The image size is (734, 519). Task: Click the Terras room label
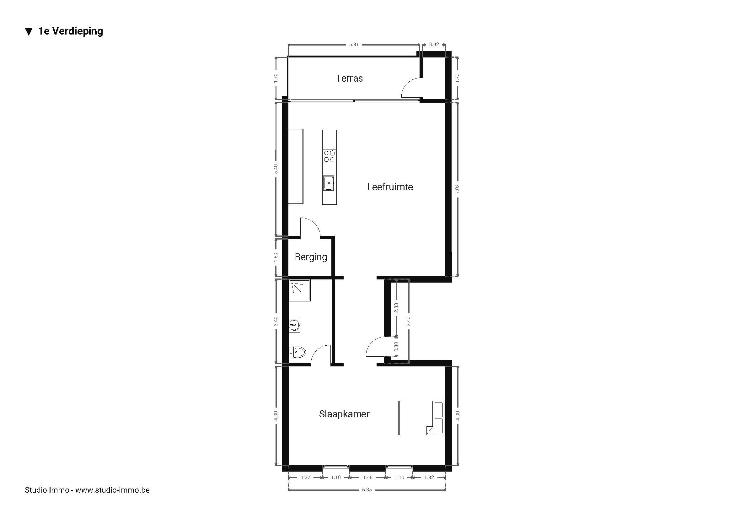pyautogui.click(x=349, y=78)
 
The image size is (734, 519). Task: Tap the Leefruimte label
pyautogui.click(x=390, y=187)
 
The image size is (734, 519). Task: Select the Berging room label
pyautogui.click(x=311, y=257)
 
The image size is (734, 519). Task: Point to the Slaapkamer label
pyautogui.click(x=344, y=414)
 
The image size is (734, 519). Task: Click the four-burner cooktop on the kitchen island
pyautogui.click(x=329, y=156)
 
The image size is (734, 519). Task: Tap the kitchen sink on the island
pyautogui.click(x=329, y=183)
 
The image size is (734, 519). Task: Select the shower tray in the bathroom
pyautogui.click(x=300, y=291)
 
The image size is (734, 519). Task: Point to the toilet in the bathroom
pyautogui.click(x=297, y=352)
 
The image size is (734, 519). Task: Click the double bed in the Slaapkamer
pyautogui.click(x=422, y=418)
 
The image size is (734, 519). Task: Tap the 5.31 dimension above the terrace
pyautogui.click(x=354, y=45)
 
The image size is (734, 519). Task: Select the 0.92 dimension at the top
pyautogui.click(x=434, y=45)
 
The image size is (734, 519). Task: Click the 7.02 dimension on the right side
pyautogui.click(x=457, y=189)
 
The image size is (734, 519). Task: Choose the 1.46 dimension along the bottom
pyautogui.click(x=367, y=478)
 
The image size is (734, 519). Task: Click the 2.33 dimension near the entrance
pyautogui.click(x=396, y=308)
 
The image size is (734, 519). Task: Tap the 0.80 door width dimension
pyautogui.click(x=396, y=347)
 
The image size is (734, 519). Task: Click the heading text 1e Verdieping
pyautogui.click(x=71, y=31)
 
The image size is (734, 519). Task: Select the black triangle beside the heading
pyautogui.click(x=29, y=32)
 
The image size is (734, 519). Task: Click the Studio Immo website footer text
pyautogui.click(x=87, y=490)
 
